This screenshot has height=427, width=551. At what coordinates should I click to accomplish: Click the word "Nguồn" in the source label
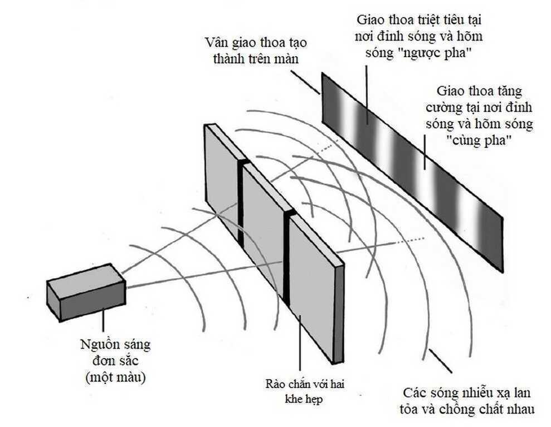point(96,344)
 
